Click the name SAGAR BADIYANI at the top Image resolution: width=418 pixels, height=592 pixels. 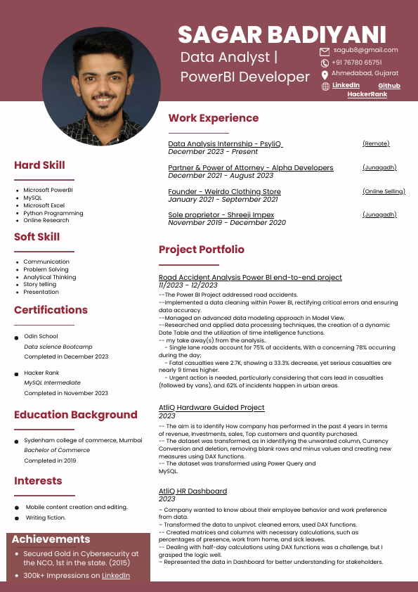point(282,34)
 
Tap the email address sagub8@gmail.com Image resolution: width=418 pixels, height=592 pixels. point(365,50)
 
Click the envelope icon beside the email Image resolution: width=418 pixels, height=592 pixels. point(325,51)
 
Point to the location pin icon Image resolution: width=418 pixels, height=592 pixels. point(325,75)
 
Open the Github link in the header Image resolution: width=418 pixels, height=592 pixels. point(388,86)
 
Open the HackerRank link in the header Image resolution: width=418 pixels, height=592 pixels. point(367,94)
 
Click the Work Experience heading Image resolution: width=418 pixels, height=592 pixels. point(214,118)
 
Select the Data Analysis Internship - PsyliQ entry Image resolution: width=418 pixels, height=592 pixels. point(225,143)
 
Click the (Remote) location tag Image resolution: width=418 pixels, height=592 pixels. point(376,143)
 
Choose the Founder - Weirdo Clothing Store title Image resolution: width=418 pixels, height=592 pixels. point(224,191)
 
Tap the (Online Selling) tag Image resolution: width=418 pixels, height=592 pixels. point(384,191)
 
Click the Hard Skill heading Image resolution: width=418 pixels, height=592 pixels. point(39,165)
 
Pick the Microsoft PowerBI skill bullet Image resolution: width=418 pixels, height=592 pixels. point(48,190)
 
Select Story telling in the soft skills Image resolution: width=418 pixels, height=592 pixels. point(39,284)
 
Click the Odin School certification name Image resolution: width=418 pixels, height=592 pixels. point(41,336)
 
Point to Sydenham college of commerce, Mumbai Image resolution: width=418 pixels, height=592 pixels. point(83,440)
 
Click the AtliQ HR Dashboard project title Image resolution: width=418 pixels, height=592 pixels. point(192,491)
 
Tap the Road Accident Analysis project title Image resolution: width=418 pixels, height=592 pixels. point(250,278)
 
